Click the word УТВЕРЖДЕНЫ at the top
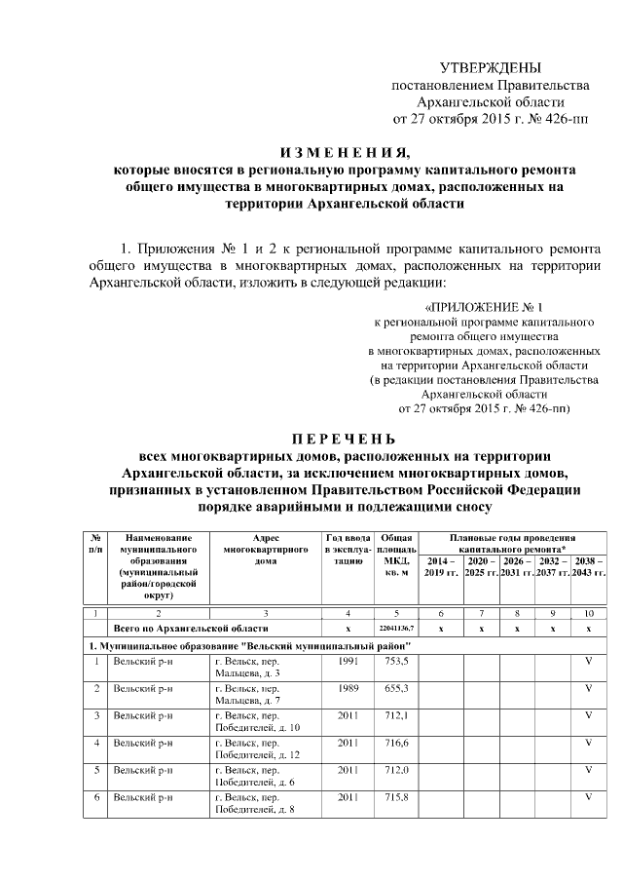pyautogui.click(x=490, y=67)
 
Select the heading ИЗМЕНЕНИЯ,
pyautogui.click(x=346, y=152)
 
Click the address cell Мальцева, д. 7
pyautogui.click(x=246, y=700)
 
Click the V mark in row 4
pyautogui.click(x=588, y=743)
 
